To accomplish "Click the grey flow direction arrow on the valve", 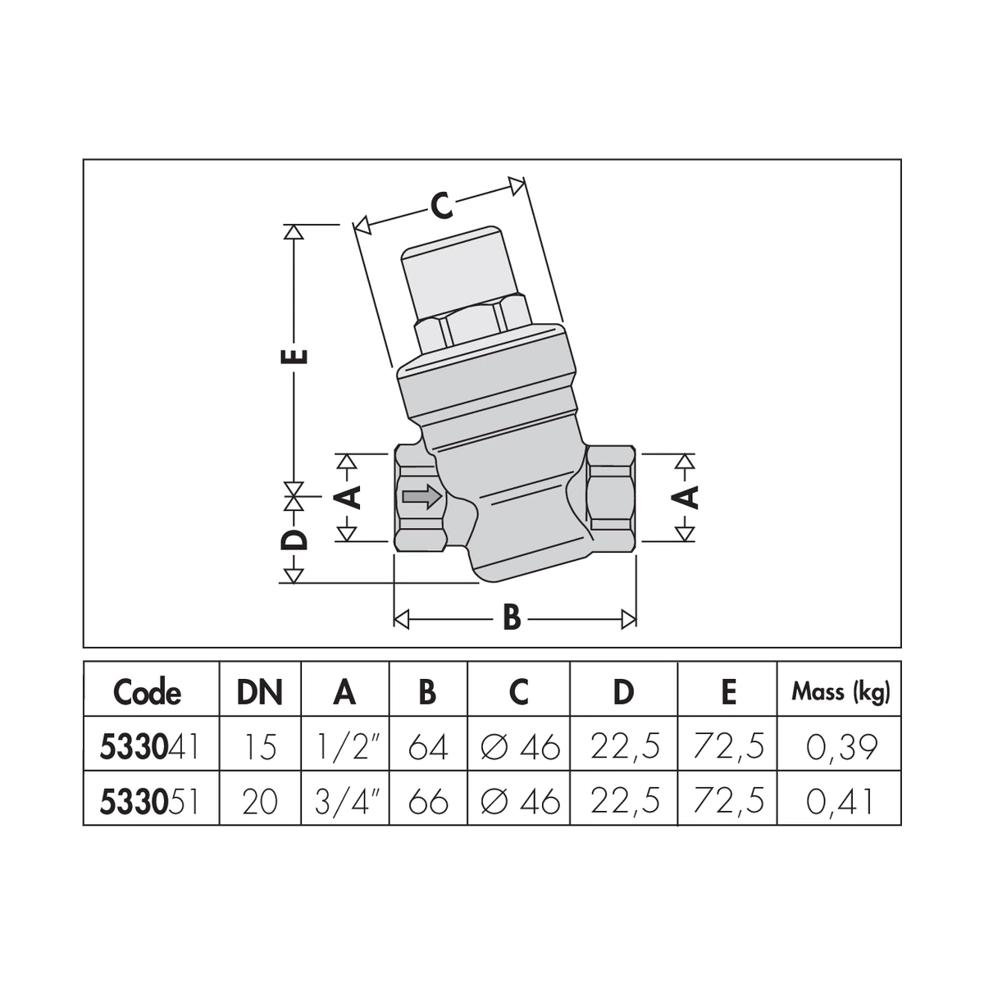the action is (x=421, y=496).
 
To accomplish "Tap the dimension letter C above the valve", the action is (x=441, y=207).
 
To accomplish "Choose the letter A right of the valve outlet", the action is (x=687, y=497).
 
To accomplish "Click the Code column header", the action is (x=147, y=693).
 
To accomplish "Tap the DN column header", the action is (x=259, y=693).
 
